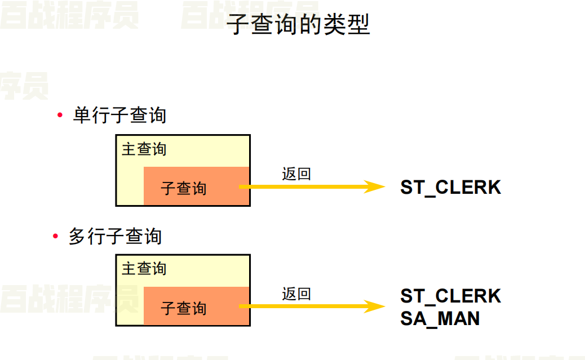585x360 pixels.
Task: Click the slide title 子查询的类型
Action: [x=298, y=25]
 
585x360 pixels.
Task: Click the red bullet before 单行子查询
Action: [x=60, y=115]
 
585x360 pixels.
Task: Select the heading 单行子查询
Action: [x=119, y=115]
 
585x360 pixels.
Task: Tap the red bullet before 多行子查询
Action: [x=55, y=236]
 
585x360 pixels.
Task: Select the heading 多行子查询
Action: [x=115, y=236]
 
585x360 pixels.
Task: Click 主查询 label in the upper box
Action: [x=144, y=149]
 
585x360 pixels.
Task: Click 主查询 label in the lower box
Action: [x=144, y=269]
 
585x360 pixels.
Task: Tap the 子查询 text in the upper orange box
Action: [x=184, y=188]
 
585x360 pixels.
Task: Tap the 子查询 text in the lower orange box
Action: [x=184, y=308]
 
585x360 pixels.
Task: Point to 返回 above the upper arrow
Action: [x=296, y=174]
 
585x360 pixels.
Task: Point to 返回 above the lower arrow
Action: [x=296, y=294]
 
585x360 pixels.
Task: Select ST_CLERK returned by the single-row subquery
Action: [x=450, y=187]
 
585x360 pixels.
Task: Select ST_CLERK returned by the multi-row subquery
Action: [x=450, y=296]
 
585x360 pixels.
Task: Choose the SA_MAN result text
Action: [x=440, y=318]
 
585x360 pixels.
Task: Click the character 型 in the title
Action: [x=358, y=25]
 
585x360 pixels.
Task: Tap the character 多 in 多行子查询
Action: [x=78, y=236]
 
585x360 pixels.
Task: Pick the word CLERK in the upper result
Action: [x=468, y=187]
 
